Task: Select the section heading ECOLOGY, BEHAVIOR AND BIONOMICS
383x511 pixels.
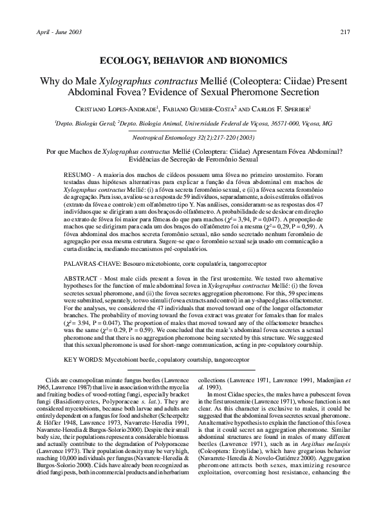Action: click(191, 60)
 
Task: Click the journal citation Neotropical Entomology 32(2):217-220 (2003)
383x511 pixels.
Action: click(191, 137)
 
